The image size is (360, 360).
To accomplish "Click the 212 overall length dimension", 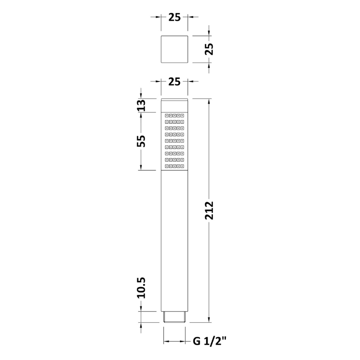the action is [x=209, y=210].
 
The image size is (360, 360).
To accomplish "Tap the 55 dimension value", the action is [x=141, y=141].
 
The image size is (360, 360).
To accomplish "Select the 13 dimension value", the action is [x=141, y=105].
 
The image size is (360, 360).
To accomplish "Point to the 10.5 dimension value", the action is [x=141, y=288].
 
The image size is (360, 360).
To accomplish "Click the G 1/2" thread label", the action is [x=209, y=341].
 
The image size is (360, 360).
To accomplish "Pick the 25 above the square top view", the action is [x=175, y=17].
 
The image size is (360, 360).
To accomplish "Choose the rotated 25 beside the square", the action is [x=209, y=49].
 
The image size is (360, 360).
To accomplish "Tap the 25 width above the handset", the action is [x=175, y=81].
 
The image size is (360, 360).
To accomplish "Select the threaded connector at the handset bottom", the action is [x=175, y=317].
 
